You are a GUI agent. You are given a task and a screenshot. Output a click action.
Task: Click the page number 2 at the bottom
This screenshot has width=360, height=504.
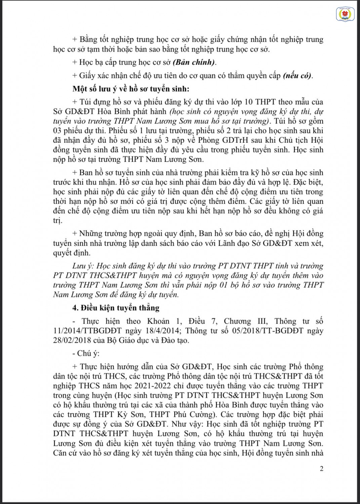pyautogui.click(x=322, y=468)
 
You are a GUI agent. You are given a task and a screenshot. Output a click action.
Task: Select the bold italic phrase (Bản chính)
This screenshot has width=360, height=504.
pyautogui.click(x=194, y=62)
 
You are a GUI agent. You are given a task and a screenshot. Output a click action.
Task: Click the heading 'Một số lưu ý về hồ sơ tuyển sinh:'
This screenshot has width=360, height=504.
pyautogui.click(x=131, y=89)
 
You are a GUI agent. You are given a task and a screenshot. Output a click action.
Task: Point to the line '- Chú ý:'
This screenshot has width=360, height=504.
pyautogui.click(x=86, y=353)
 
